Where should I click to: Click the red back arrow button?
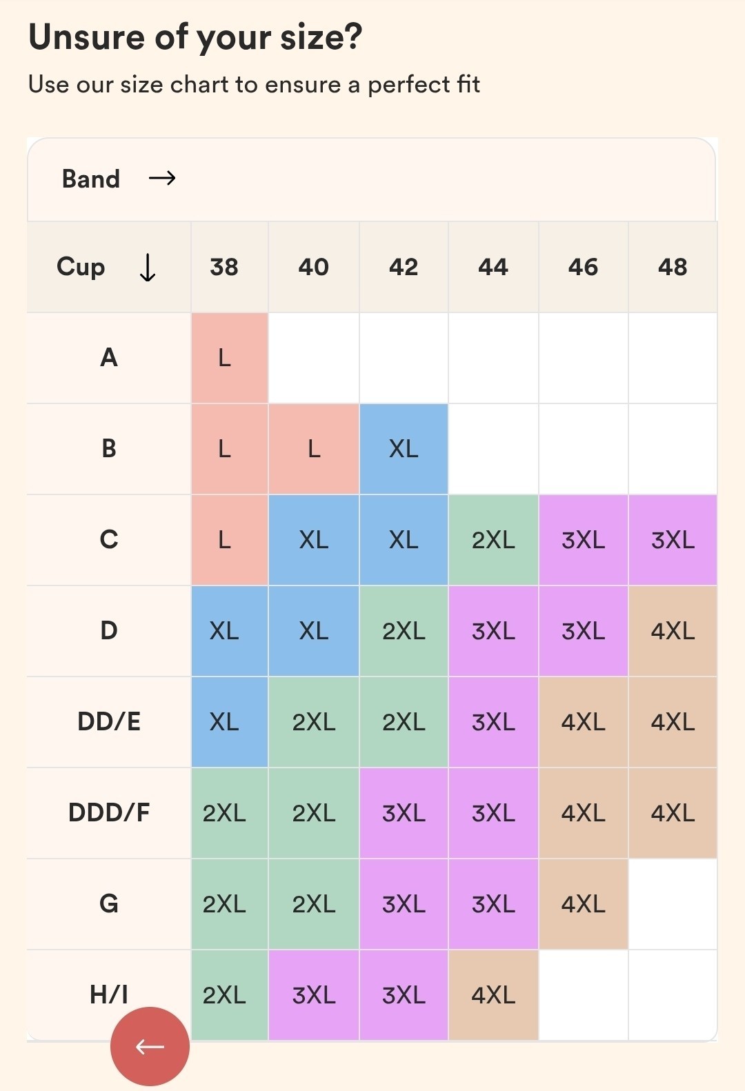(150, 1046)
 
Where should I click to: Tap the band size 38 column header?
(224, 267)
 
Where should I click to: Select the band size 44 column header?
(493, 267)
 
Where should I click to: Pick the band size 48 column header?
(673, 267)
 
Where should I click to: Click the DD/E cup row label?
(109, 721)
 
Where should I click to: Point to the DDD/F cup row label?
(109, 812)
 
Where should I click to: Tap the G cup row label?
(109, 903)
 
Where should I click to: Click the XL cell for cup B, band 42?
(404, 449)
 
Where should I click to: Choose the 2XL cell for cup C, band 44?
(493, 540)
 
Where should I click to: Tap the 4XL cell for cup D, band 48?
(673, 631)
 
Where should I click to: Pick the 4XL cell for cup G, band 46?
(583, 903)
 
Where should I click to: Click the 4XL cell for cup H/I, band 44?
(493, 994)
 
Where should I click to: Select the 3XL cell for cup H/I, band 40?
(314, 994)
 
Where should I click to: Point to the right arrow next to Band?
(162, 179)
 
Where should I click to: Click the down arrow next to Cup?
(148, 268)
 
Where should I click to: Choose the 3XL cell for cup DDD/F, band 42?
(404, 812)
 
